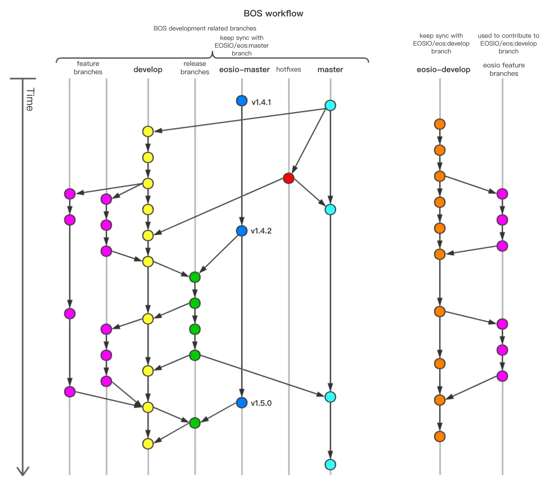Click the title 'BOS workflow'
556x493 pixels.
pyautogui.click(x=273, y=13)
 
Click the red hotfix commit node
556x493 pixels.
pyautogui.click(x=289, y=178)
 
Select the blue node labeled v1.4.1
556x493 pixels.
pyautogui.click(x=242, y=101)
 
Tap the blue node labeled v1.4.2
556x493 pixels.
pyautogui.click(x=242, y=231)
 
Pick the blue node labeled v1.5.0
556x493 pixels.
pyautogui.click(x=242, y=402)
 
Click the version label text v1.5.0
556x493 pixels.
pyautogui.click(x=261, y=403)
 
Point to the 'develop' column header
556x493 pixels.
pyautogui.click(x=148, y=69)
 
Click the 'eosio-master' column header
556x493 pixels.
pyautogui.click(x=244, y=69)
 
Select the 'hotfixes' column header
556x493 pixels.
pyautogui.click(x=289, y=69)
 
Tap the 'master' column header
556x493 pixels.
pyautogui.click(x=330, y=69)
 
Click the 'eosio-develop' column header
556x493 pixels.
pyautogui.click(x=443, y=69)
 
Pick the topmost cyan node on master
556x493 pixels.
pyautogui.click(x=330, y=105)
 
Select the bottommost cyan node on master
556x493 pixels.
pyautogui.click(x=330, y=464)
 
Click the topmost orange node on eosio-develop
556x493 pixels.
pyautogui.click(x=440, y=124)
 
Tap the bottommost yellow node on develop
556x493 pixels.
pyautogui.click(x=148, y=444)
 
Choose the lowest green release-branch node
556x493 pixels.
pyautogui.click(x=195, y=423)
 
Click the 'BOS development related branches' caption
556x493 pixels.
pyautogui.click(x=205, y=28)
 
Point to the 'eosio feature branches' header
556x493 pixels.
pyautogui.click(x=504, y=69)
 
